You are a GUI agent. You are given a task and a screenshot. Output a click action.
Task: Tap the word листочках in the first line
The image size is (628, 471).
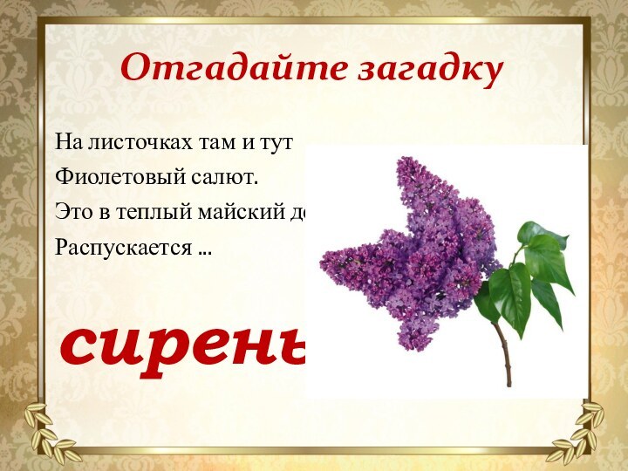tap(125, 140)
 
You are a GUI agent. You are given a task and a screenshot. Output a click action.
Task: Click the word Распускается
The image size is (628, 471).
tap(123, 248)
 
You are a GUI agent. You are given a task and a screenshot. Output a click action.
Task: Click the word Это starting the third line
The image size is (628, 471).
tap(73, 212)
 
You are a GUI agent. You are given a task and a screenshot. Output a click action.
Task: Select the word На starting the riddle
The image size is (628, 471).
tap(66, 140)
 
